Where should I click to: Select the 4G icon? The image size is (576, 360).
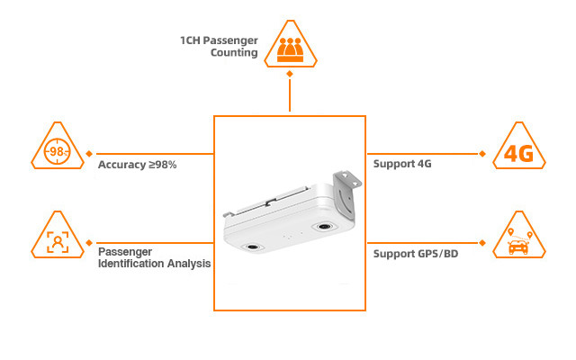click(519, 153)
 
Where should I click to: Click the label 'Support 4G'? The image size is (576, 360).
click(403, 164)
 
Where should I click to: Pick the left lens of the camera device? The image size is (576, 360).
click(255, 246)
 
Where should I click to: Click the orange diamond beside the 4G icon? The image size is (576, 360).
click(483, 153)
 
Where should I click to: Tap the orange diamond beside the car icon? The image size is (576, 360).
click(483, 243)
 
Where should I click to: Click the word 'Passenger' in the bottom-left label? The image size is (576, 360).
click(126, 252)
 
